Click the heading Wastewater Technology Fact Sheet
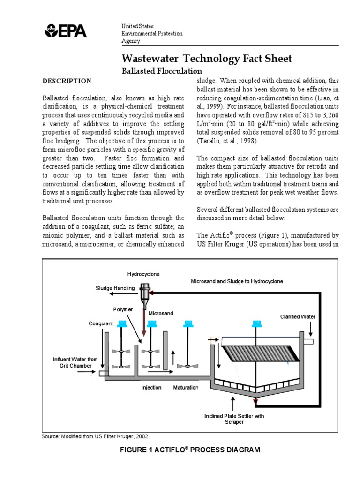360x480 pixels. pyautogui.click(x=207, y=59)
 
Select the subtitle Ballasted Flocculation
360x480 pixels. pyautogui.click(x=162, y=71)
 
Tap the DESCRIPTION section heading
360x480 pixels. pyautogui.click(x=67, y=81)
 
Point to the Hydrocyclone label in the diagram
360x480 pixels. pyautogui.click(x=144, y=273)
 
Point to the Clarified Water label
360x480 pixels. pyautogui.click(x=298, y=317)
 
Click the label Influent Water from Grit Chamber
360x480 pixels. pyautogui.click(x=75, y=362)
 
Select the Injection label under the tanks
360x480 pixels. pyautogui.click(x=151, y=388)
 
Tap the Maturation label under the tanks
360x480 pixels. pyautogui.click(x=186, y=388)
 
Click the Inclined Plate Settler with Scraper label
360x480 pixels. pyautogui.click(x=234, y=419)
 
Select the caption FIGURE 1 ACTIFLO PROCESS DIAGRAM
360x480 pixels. pyautogui.click(x=190, y=450)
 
